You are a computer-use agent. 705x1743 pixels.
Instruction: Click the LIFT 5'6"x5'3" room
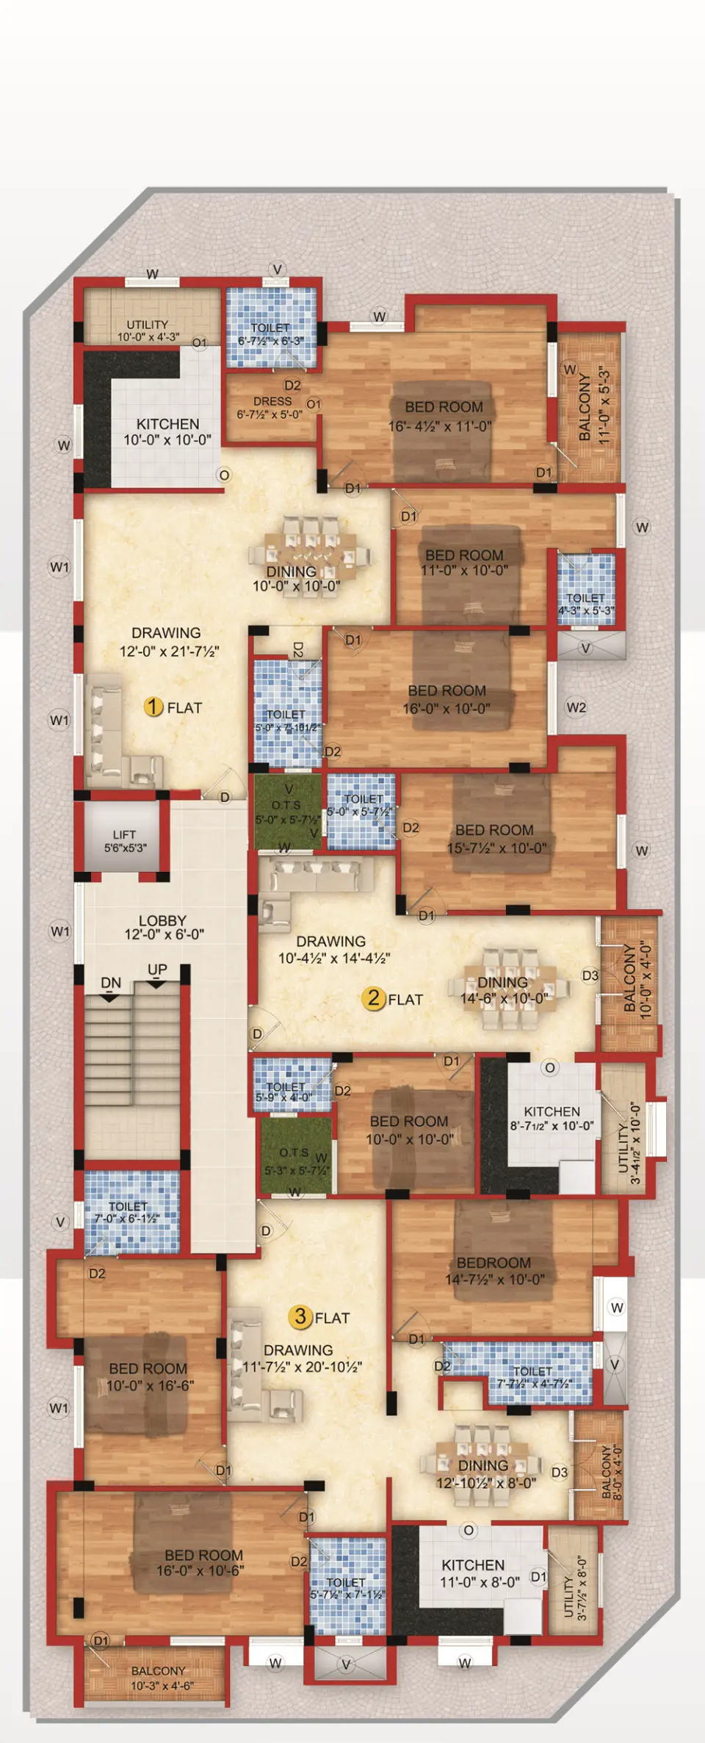point(124,840)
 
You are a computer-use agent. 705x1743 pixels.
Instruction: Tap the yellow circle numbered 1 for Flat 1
point(153,707)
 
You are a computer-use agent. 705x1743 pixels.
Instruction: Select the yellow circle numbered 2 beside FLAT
point(374,998)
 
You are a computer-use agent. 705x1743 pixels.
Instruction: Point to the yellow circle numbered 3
point(300,1317)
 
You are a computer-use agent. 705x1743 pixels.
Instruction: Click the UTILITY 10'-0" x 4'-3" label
point(148,331)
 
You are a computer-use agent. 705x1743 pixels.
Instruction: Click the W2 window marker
point(576,707)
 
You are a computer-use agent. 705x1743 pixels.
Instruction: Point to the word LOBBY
point(162,920)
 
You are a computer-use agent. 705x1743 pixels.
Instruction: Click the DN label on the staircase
point(111,983)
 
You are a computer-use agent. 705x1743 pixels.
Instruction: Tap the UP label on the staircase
point(157,970)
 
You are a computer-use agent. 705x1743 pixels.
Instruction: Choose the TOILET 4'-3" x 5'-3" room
point(585,588)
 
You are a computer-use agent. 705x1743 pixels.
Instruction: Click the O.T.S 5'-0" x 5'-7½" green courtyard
point(287,812)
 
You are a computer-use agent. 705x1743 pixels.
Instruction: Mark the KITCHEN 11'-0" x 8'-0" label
point(474,1573)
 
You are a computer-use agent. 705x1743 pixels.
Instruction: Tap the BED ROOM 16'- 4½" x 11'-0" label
point(441,416)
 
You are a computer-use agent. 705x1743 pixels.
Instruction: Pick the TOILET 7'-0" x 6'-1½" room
point(129,1212)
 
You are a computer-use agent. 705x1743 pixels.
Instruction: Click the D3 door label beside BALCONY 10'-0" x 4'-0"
point(590,975)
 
